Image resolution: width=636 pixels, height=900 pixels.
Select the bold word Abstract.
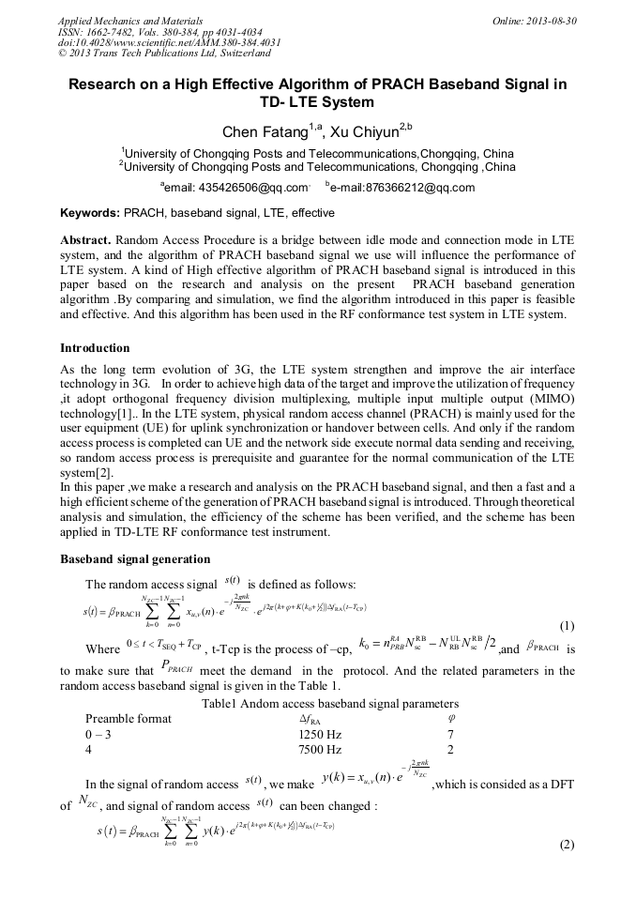click(84, 239)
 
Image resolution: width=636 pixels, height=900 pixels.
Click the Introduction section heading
click(95, 348)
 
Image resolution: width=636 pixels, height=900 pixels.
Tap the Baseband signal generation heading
click(135, 559)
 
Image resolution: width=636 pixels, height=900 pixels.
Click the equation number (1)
click(567, 626)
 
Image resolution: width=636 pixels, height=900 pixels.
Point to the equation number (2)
click(567, 844)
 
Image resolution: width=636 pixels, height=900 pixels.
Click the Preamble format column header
click(129, 718)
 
